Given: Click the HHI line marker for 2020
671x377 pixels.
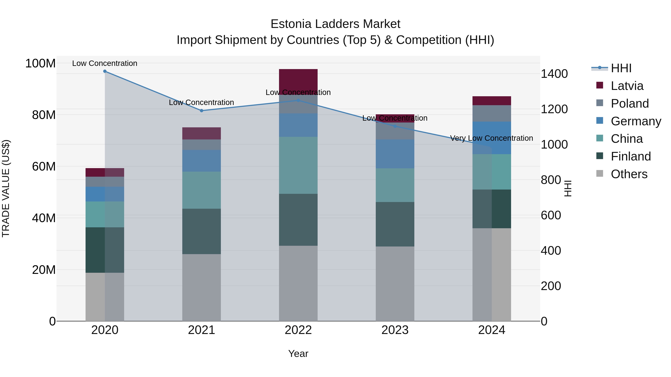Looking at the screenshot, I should pyautogui.click(x=105, y=71).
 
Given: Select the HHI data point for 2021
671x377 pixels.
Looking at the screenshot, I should pyautogui.click(x=201, y=111).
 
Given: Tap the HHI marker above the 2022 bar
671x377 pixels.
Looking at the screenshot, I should pyautogui.click(x=298, y=100).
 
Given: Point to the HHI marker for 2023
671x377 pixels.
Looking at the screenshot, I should pyautogui.click(x=395, y=126).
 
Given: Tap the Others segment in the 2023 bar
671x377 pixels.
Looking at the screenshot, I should pyautogui.click(x=395, y=284).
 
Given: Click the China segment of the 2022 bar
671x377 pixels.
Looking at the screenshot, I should pyautogui.click(x=298, y=165).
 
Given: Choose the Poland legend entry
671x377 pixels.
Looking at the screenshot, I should pyautogui.click(x=630, y=104).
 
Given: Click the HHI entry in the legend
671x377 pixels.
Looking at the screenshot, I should pyautogui.click(x=621, y=68).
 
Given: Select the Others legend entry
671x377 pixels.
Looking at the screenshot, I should pyautogui.click(x=629, y=174).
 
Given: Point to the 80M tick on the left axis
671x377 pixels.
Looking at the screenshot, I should pyautogui.click(x=44, y=115).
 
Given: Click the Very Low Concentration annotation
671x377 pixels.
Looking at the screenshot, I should pyautogui.click(x=492, y=138).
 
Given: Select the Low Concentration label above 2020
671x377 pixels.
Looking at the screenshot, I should pyautogui.click(x=105, y=63).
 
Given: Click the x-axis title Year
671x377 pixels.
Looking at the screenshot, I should pyautogui.click(x=298, y=354).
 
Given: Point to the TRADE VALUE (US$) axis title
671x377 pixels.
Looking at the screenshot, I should pyautogui.click(x=6, y=188).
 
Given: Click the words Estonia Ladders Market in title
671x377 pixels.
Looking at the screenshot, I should pyautogui.click(x=335, y=24).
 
